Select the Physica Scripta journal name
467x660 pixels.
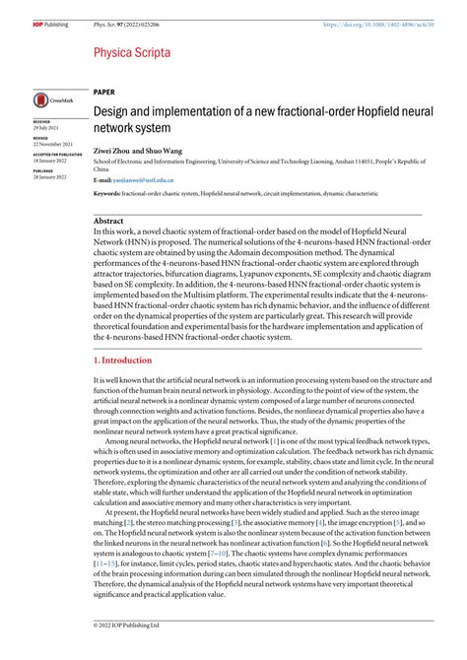coord(132,51)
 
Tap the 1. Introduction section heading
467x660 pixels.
coord(126,361)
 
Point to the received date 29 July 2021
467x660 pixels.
coord(46,128)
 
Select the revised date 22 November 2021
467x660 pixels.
coord(51,143)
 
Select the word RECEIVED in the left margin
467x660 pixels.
coord(41,122)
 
